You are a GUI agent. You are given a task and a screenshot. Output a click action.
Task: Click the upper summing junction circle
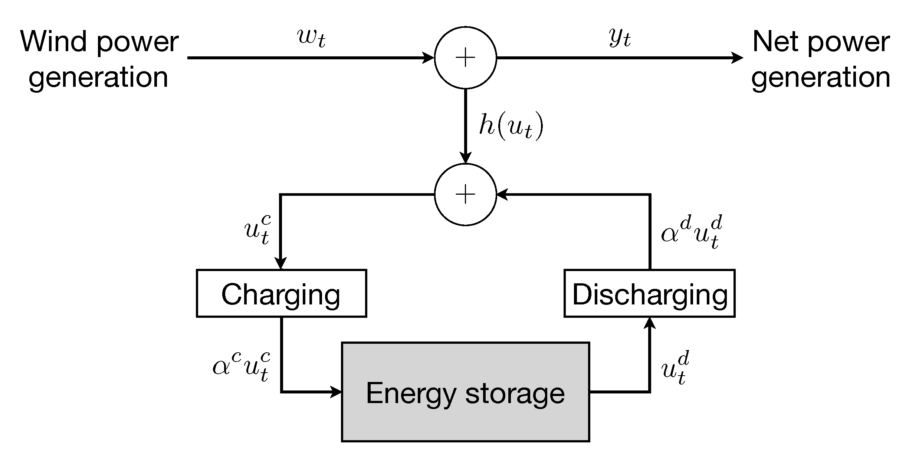[465, 58]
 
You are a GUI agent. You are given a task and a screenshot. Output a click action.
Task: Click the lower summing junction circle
[465, 194]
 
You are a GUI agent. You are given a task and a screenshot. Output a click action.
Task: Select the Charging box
[281, 293]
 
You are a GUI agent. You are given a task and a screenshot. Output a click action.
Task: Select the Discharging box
[649, 293]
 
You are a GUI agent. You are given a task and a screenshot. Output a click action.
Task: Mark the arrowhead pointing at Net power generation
[738, 58]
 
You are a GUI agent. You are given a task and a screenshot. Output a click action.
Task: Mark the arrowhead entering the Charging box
[281, 263]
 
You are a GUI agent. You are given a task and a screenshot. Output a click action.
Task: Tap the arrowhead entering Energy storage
[336, 391]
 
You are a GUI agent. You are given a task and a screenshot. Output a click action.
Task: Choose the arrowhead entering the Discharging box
[650, 323]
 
